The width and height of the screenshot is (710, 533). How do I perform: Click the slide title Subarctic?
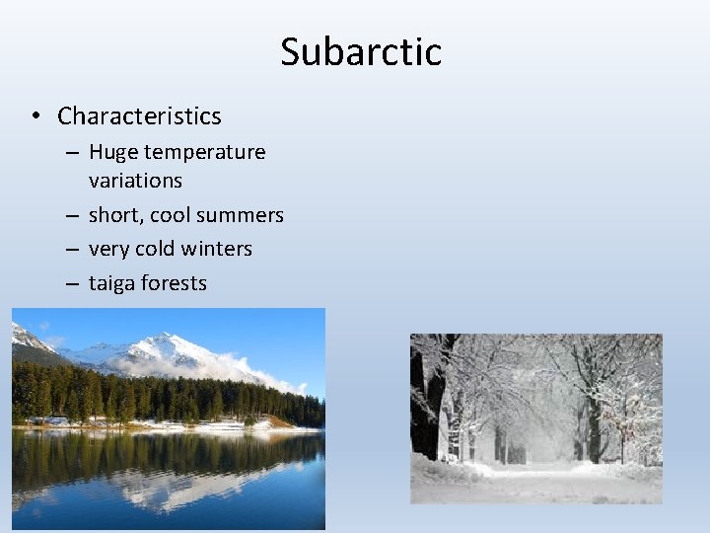click(x=360, y=51)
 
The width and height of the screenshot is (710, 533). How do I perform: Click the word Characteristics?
click(x=139, y=116)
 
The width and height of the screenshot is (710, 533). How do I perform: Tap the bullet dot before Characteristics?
click(x=35, y=116)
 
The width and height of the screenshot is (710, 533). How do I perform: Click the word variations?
click(x=135, y=181)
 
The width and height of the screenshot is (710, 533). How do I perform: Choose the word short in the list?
click(x=113, y=215)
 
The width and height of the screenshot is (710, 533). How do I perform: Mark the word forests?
click(x=175, y=283)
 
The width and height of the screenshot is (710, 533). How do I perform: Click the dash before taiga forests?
click(x=72, y=283)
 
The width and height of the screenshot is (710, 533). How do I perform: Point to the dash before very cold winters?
click(x=72, y=250)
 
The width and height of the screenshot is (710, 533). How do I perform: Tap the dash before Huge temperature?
click(x=72, y=153)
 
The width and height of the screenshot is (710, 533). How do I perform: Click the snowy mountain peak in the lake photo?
click(x=168, y=345)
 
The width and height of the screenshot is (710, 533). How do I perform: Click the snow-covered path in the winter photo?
click(x=537, y=479)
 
